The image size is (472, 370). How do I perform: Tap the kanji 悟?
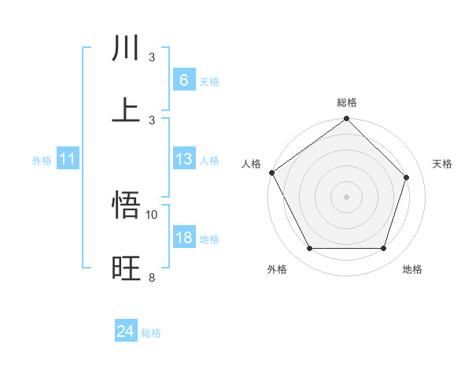pyautogui.click(x=127, y=207)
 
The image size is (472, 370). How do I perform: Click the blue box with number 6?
pyautogui.click(x=183, y=80)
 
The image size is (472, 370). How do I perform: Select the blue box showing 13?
pyautogui.click(x=183, y=159)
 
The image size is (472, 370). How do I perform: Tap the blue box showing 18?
pyautogui.click(x=183, y=238)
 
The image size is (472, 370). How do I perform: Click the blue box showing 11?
pyautogui.click(x=68, y=159)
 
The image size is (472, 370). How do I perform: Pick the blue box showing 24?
pyautogui.click(x=126, y=332)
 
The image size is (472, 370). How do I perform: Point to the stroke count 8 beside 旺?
pyautogui.click(x=152, y=277)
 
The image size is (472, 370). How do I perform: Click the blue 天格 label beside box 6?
pyautogui.click(x=209, y=81)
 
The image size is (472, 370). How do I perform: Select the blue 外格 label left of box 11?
pyautogui.click(x=42, y=161)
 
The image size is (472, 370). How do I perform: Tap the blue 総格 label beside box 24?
pyautogui.click(x=151, y=334)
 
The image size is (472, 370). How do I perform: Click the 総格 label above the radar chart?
pyautogui.click(x=347, y=102)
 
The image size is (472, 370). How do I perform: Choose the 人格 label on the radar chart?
pyautogui.click(x=252, y=164)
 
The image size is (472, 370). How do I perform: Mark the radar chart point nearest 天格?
pyautogui.click(x=407, y=177)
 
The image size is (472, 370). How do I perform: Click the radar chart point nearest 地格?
pyautogui.click(x=383, y=249)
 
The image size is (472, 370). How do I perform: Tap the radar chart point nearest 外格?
pyautogui.click(x=309, y=249)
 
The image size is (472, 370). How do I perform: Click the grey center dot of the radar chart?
pyautogui.click(x=346, y=196)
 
